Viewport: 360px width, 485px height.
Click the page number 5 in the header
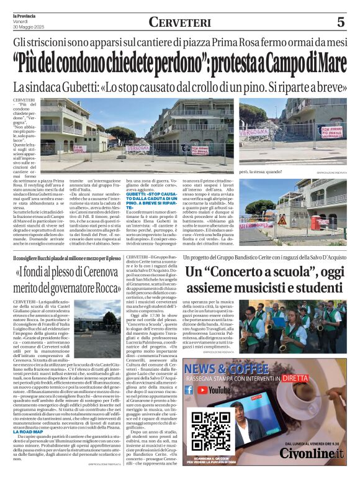(340, 22)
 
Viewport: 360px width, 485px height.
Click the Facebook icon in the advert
(189, 390)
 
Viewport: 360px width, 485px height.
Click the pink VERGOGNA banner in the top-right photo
(254, 132)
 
